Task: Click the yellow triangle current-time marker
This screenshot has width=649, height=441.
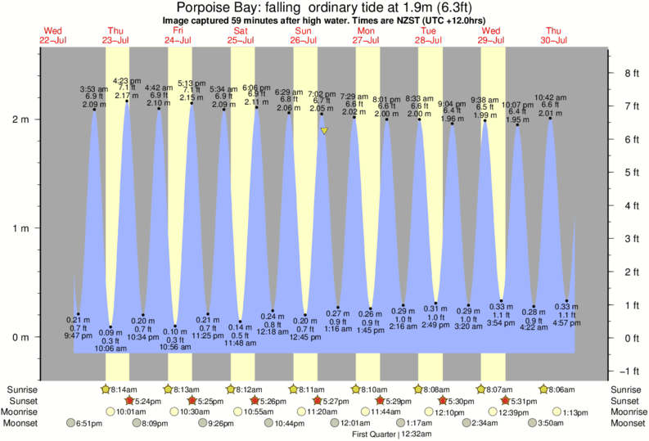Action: coord(325,131)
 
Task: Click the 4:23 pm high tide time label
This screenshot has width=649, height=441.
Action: coord(126,80)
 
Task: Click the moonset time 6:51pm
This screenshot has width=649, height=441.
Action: coord(88,423)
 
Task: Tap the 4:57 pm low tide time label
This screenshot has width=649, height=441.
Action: coord(565,323)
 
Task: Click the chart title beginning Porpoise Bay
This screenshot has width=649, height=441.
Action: coord(324,8)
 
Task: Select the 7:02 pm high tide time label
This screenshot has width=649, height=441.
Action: coord(321,94)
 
